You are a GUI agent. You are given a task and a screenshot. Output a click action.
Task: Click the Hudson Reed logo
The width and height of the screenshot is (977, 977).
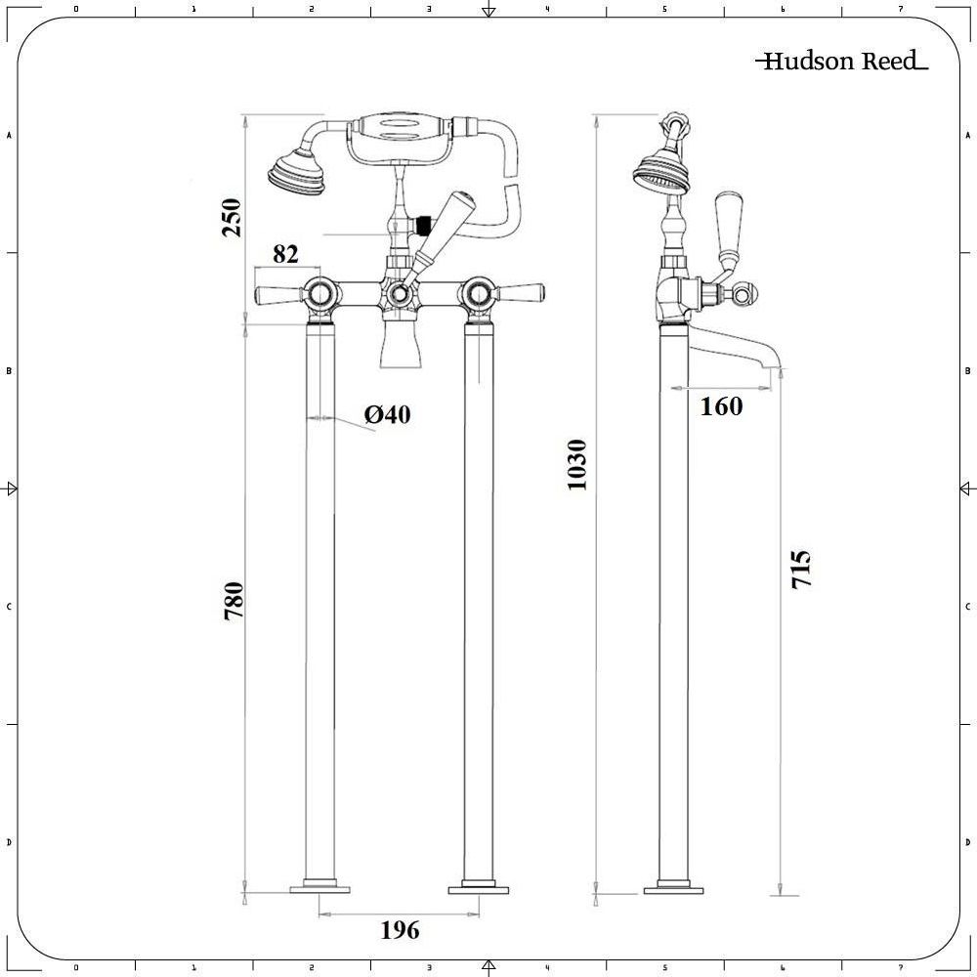(x=841, y=62)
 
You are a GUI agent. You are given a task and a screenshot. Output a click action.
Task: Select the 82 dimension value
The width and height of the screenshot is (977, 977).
(x=285, y=254)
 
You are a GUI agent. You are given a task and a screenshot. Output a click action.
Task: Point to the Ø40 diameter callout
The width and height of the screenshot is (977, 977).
(x=388, y=415)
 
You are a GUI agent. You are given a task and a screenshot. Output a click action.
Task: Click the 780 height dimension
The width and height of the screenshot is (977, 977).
(x=233, y=602)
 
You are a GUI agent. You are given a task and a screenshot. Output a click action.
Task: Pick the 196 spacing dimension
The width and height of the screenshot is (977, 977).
(x=400, y=930)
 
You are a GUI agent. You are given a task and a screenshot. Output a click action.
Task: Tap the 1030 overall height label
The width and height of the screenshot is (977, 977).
(x=577, y=464)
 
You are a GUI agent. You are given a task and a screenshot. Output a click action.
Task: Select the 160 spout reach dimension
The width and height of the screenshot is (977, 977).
(x=721, y=406)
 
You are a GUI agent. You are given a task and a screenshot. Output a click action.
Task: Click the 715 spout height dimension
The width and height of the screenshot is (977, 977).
(x=801, y=569)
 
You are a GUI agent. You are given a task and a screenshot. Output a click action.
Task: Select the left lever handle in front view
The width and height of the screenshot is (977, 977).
(x=277, y=293)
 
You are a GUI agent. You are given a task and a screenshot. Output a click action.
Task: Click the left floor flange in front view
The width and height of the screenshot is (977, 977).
(x=320, y=889)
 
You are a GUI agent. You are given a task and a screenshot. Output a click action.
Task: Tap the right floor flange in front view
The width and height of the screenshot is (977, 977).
(x=479, y=889)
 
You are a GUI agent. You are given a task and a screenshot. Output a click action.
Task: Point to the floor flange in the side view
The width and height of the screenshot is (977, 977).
(x=673, y=889)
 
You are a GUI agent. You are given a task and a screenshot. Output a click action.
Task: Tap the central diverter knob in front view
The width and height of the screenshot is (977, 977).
(x=399, y=293)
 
